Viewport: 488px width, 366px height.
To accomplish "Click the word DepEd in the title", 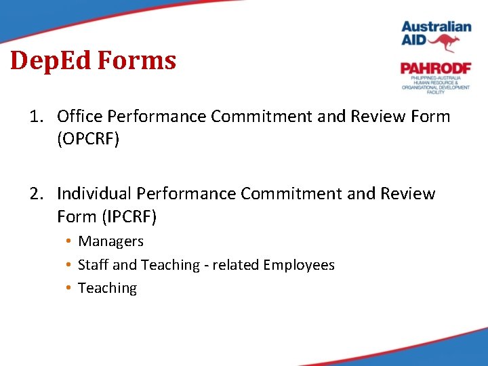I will click(x=52, y=61).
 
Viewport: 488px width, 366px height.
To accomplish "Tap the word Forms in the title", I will click(x=137, y=61).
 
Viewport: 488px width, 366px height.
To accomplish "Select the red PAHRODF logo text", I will click(x=435, y=68).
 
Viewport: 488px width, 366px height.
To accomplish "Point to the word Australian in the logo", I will click(x=436, y=26).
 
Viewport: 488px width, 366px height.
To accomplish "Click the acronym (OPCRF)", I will click(x=88, y=139).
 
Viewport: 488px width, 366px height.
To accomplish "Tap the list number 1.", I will click(x=35, y=117).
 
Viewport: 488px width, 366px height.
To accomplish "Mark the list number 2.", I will click(x=35, y=194).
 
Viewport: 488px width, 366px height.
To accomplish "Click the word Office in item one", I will click(x=78, y=117).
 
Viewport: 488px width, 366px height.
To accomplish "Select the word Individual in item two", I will click(x=94, y=194).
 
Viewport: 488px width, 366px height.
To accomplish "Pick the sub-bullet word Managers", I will click(x=111, y=241).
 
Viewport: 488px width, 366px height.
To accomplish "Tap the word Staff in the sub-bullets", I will click(x=93, y=265).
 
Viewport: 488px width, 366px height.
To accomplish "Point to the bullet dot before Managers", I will click(x=69, y=242).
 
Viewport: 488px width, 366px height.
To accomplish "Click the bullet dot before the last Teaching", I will click(x=69, y=289).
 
